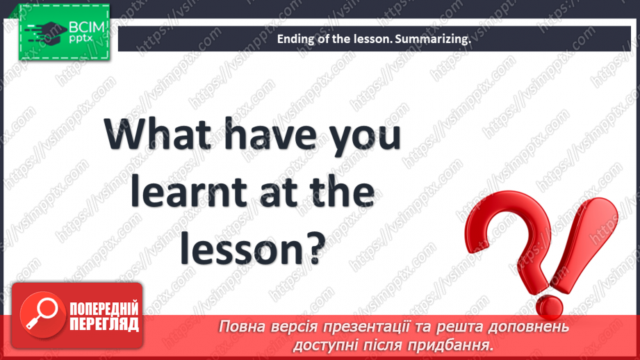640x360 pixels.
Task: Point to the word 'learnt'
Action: click(192, 193)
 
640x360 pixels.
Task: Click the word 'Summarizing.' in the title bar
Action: click(432, 40)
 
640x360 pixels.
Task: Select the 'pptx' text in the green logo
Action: click(82, 41)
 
